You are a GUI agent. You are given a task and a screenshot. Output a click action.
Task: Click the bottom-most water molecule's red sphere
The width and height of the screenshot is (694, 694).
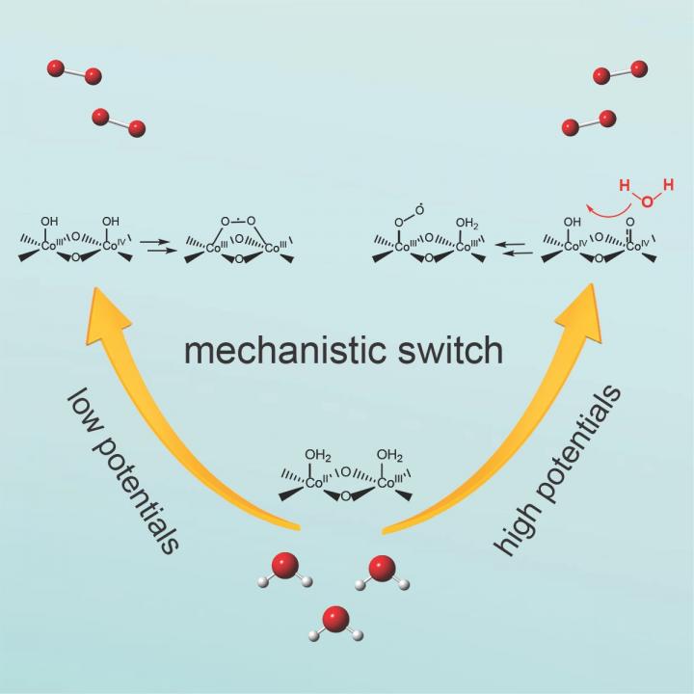335,618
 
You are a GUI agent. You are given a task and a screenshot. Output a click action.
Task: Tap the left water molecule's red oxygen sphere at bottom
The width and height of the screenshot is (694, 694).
285,564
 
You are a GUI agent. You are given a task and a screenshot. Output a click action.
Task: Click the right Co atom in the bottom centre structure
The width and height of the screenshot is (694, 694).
385,483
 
